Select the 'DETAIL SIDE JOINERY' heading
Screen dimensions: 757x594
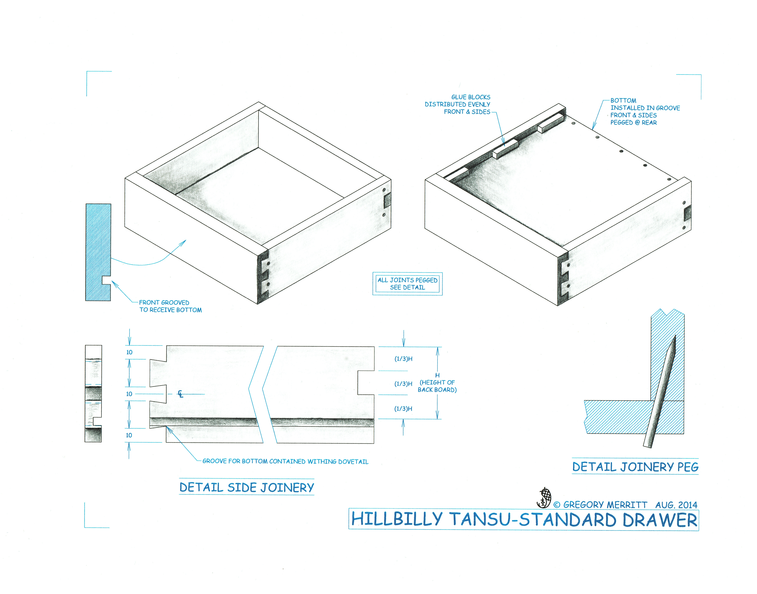[247, 487]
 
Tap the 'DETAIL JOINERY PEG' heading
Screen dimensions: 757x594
[635, 467]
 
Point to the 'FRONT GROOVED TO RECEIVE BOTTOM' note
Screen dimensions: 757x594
[170, 306]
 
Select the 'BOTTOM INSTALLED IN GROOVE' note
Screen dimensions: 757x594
[645, 111]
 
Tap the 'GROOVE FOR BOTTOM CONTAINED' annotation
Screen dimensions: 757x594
[285, 461]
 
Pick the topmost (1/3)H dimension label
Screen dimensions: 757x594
[403, 359]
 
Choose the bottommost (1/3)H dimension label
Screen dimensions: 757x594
[403, 409]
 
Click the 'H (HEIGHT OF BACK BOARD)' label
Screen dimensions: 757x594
[437, 383]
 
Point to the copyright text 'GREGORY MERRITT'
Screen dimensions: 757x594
[605, 505]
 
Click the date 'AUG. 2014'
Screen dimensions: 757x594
[676, 505]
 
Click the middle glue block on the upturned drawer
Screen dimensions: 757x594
[505, 149]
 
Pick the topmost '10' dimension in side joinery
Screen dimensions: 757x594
[129, 352]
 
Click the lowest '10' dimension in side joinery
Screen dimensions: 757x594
[129, 435]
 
